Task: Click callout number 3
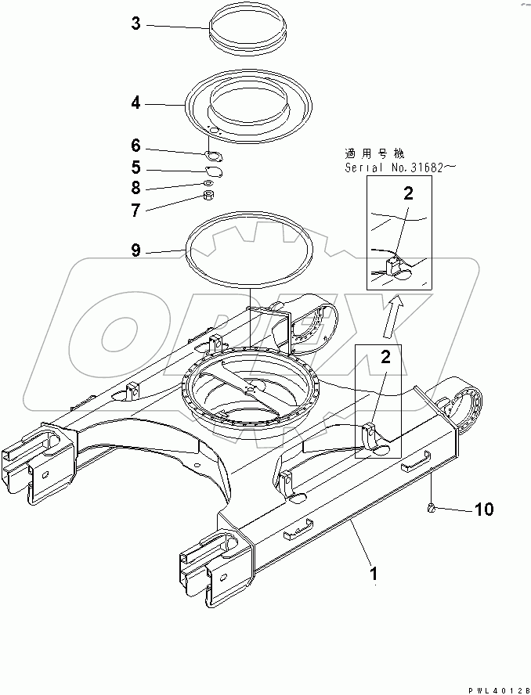135,25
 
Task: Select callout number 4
135,102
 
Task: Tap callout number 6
135,146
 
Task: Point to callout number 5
135,167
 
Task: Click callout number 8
135,188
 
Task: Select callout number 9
135,250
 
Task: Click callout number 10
484,510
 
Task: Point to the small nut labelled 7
209,195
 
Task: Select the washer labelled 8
208,183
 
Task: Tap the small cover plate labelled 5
212,171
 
